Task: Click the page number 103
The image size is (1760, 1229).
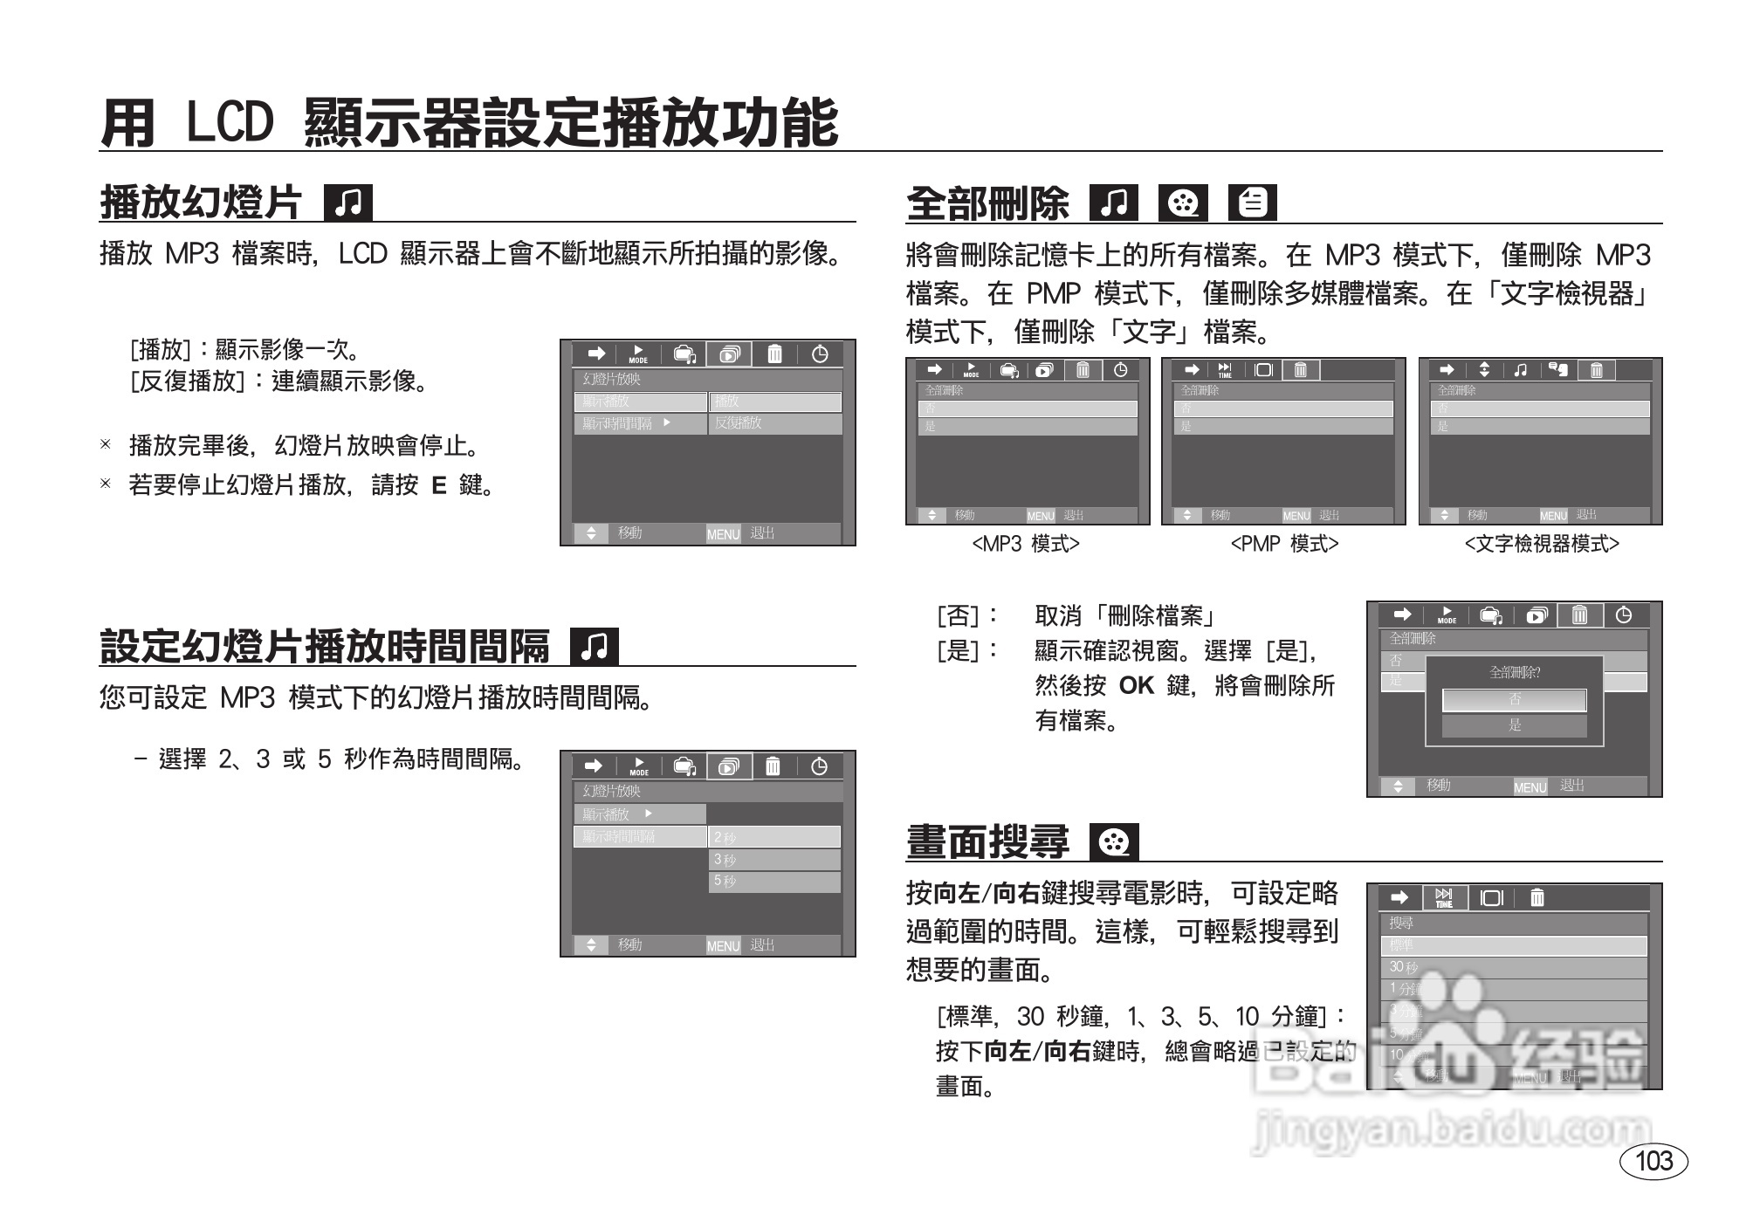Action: (1653, 1161)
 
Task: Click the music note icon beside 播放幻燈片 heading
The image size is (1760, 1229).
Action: (347, 203)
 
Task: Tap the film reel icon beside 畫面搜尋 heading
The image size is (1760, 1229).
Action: (1114, 842)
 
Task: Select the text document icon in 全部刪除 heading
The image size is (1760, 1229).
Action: (1252, 203)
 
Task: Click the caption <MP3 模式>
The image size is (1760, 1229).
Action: (1026, 544)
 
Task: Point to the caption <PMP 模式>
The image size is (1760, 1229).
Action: (1284, 544)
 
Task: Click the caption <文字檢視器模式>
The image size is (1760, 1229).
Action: (1542, 544)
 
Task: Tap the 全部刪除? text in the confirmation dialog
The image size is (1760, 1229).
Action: (1515, 672)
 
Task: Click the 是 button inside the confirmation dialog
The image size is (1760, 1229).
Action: (1515, 725)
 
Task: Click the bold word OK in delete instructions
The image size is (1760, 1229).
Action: (1136, 686)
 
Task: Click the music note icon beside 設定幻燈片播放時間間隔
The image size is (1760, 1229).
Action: (594, 647)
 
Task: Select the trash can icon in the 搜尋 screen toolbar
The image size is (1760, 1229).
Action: (1537, 897)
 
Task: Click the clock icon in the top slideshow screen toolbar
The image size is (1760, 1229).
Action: (820, 354)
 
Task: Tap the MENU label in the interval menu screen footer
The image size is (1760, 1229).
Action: (723, 946)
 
